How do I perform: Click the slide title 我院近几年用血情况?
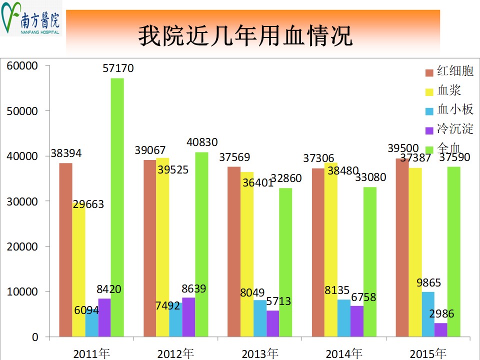pos(245,36)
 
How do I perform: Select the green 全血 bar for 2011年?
pos(117,207)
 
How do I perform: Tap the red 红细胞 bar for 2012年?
pos(149,248)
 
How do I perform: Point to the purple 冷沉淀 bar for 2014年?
pos(356,321)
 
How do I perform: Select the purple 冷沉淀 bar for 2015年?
pos(440,329)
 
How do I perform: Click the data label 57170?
pos(118,68)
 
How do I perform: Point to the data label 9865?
pos(428,282)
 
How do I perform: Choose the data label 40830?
pos(201,142)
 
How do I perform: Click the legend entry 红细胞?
pos(455,71)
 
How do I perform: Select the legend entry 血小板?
pos(455,109)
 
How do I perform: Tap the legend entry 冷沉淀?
pos(455,128)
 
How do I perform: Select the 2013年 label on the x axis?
pos(259,353)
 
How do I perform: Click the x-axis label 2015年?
pos(427,353)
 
